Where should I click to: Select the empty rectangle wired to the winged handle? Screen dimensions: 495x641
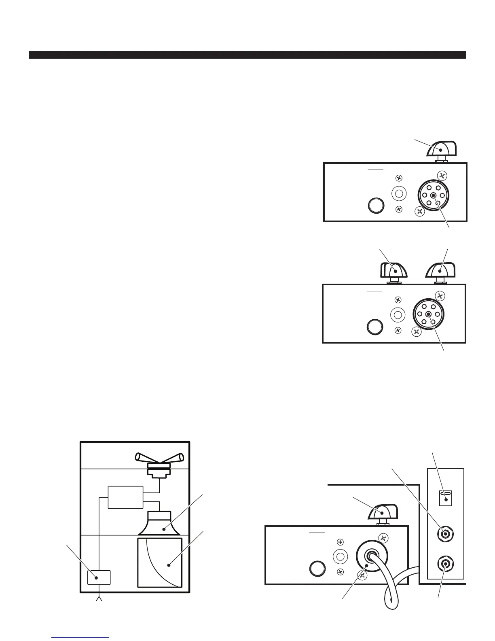[125, 497]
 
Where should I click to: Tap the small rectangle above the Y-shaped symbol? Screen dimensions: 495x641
[99, 577]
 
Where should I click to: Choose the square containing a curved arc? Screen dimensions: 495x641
[160, 562]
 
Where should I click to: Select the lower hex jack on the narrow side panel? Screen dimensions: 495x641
[445, 563]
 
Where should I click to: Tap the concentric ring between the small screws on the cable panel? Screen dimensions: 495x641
[340, 557]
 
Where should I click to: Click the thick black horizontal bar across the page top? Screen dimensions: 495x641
[247, 55]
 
